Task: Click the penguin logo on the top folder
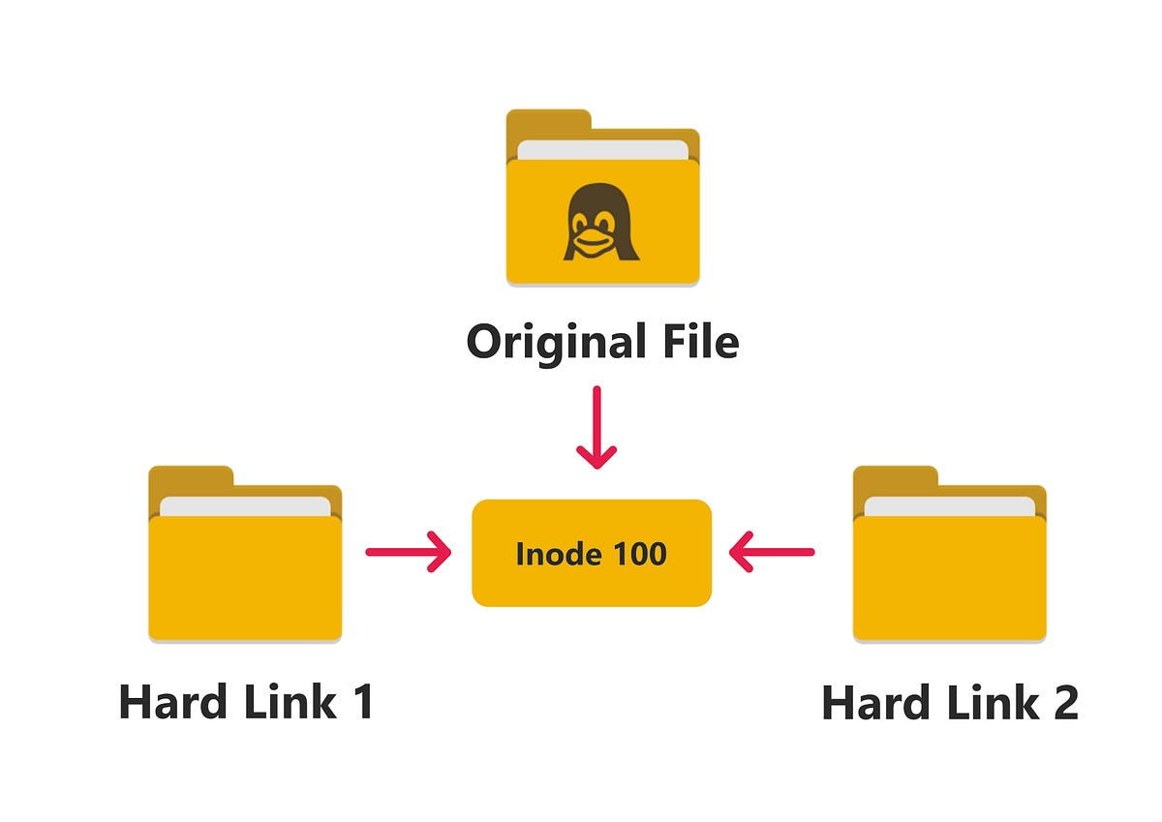tap(602, 223)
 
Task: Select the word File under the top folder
tap(699, 342)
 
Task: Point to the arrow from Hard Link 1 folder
tap(408, 553)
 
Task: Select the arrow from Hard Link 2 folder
tap(772, 553)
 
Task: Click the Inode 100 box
tap(592, 553)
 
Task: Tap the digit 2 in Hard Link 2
tap(1062, 704)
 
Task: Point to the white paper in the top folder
tap(602, 150)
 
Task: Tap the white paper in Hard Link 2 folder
tap(949, 506)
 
